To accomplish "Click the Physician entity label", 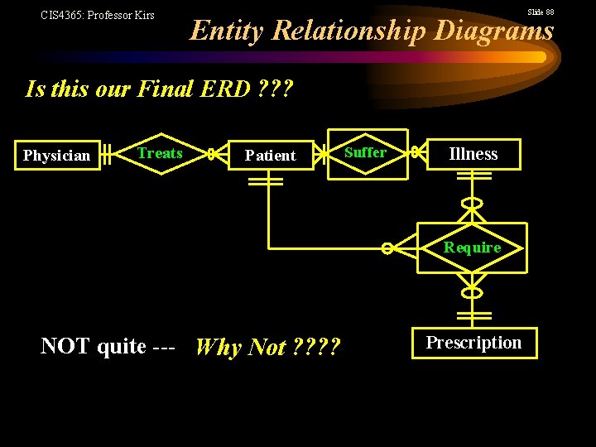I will [x=56, y=156].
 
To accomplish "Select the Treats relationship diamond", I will [x=160, y=153].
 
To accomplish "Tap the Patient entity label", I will [x=270, y=156].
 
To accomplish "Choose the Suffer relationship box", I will [x=365, y=153].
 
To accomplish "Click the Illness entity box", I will [x=473, y=154].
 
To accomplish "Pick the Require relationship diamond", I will [x=472, y=248].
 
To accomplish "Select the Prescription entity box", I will [x=473, y=343].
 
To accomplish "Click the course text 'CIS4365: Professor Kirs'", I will [x=98, y=15].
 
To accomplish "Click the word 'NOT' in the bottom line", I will [x=65, y=346].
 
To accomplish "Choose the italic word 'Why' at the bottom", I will [x=219, y=347].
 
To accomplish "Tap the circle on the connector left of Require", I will [x=387, y=248].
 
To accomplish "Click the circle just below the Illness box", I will [x=472, y=204].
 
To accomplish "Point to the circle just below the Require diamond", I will [x=472, y=292].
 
